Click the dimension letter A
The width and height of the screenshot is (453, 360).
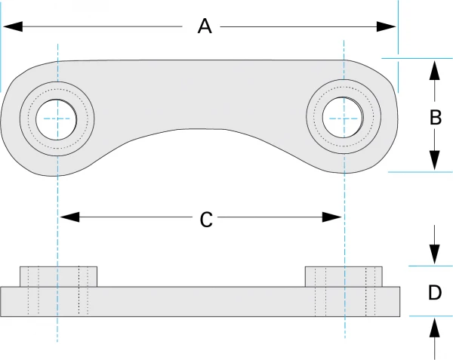pos(204,26)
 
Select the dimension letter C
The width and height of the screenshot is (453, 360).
pos(206,220)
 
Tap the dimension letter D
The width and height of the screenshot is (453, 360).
pos(435,292)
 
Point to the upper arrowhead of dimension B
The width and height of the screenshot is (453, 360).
pos(435,69)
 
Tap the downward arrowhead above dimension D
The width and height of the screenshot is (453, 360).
pos(435,254)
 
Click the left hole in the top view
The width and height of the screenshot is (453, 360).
pos(57,118)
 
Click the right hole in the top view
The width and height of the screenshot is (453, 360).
pos(344,118)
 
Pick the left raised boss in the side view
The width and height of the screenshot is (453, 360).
pos(57,276)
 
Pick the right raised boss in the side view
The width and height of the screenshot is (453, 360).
pos(344,276)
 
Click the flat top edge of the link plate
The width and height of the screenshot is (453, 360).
pos(200,60)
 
